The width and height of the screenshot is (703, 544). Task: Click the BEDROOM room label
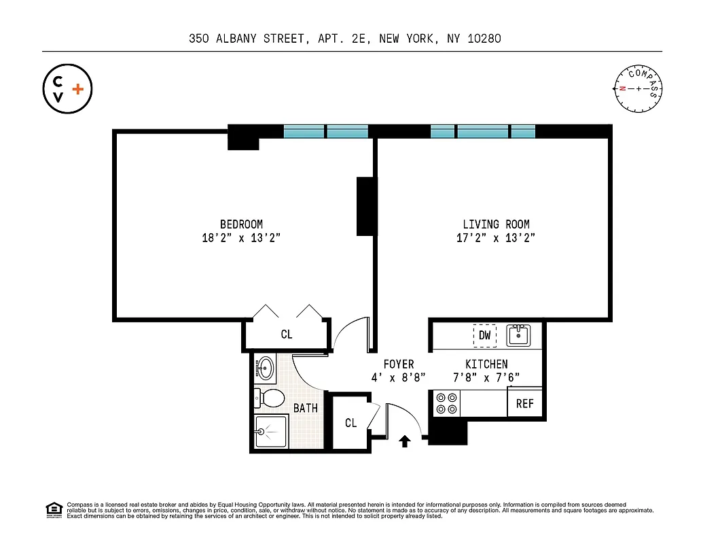point(241,224)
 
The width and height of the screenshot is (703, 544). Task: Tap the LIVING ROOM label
point(496,224)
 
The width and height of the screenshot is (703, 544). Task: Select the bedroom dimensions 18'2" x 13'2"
point(241,238)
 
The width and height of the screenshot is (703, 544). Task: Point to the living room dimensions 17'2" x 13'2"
point(496,238)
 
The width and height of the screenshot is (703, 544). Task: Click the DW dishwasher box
point(485,335)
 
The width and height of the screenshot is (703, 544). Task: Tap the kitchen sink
point(518,335)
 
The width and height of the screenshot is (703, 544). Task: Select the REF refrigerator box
point(524,403)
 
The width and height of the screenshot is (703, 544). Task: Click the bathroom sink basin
point(266,369)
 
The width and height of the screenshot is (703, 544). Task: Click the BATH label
point(306,408)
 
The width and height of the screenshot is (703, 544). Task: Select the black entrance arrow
point(405,442)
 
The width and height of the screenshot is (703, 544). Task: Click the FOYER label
point(398,364)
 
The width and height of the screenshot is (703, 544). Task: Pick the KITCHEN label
point(486,364)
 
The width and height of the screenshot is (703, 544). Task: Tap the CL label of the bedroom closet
point(287,335)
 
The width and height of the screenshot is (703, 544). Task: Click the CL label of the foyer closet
point(350,423)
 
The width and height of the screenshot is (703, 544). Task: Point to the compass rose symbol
point(638,89)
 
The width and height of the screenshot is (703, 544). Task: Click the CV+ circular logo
point(67,88)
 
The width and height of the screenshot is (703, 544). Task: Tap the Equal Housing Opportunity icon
point(53,509)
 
